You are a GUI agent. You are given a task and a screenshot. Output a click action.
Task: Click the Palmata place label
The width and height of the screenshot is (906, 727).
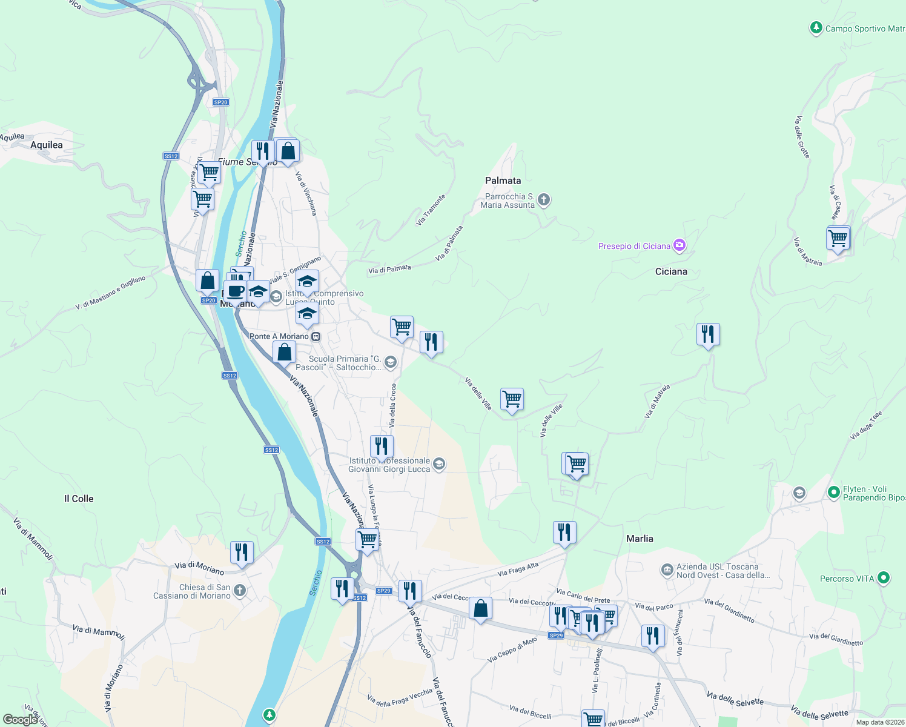click(503, 181)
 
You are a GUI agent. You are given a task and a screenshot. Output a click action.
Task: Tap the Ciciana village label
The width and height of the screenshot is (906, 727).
click(671, 271)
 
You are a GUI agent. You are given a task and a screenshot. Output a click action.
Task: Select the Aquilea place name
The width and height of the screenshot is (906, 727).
click(47, 145)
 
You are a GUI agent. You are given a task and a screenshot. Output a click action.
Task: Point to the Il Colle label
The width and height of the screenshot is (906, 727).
click(79, 499)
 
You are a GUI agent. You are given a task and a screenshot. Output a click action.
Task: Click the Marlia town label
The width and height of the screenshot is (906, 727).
click(640, 539)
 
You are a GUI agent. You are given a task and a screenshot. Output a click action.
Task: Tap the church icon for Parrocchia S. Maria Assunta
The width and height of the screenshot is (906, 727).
click(544, 199)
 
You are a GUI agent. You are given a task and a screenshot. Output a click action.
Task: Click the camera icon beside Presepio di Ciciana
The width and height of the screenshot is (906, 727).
click(679, 245)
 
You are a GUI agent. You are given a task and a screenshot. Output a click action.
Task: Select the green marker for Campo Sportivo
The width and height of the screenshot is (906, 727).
click(816, 28)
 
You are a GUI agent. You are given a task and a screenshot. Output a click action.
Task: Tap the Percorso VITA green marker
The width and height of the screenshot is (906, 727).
click(884, 578)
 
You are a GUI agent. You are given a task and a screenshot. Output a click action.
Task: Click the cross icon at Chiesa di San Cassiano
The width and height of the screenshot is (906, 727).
click(240, 590)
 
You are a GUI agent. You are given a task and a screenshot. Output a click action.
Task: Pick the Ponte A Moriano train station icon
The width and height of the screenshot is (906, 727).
click(316, 336)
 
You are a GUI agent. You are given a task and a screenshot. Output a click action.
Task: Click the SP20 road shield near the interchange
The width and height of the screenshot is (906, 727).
click(220, 102)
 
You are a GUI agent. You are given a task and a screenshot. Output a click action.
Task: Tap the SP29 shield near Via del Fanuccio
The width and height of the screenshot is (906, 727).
click(383, 591)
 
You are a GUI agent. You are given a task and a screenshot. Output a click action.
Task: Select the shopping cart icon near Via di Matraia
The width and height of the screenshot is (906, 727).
click(838, 238)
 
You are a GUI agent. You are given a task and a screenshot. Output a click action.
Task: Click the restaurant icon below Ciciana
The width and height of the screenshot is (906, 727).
click(708, 334)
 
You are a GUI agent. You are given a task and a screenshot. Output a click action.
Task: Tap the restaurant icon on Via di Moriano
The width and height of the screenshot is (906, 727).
click(242, 552)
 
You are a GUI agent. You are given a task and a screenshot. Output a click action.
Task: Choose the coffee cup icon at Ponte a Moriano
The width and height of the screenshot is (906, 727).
click(235, 291)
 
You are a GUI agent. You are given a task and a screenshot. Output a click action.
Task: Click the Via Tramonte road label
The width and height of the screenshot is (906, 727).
click(431, 210)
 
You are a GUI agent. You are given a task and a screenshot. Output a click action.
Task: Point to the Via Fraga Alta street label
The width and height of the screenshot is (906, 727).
click(518, 569)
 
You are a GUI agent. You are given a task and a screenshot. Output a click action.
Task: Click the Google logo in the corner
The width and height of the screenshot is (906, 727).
click(20, 720)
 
